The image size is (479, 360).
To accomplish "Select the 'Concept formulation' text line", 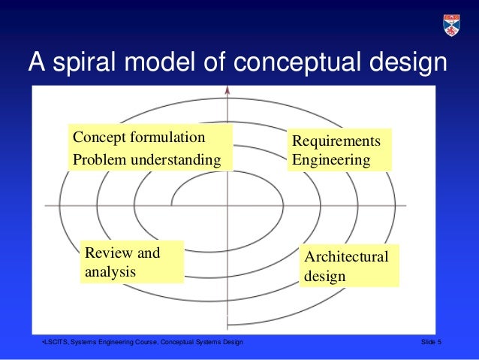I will click(x=139, y=138).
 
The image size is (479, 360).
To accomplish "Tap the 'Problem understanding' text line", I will click(x=147, y=159).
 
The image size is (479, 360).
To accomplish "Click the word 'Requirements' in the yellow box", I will click(x=336, y=141).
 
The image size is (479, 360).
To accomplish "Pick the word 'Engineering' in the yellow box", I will click(x=331, y=160).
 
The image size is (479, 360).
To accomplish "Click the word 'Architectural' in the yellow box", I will click(x=347, y=257).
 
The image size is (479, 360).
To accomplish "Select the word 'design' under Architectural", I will click(x=325, y=276).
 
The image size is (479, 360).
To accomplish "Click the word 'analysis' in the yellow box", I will click(x=110, y=271).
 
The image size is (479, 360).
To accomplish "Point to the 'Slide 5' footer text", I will click(x=432, y=343).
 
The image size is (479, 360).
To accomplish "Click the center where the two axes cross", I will click(x=227, y=205).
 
